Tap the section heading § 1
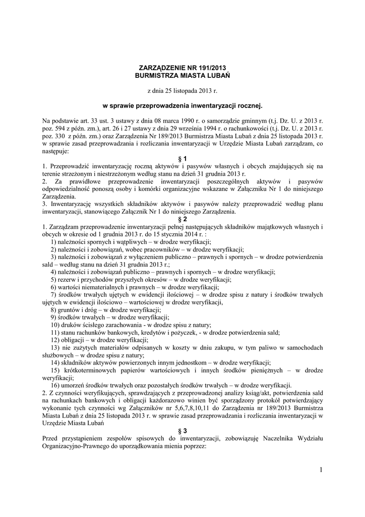click(182, 159)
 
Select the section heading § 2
click(182, 219)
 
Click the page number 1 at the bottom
click(320, 471)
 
